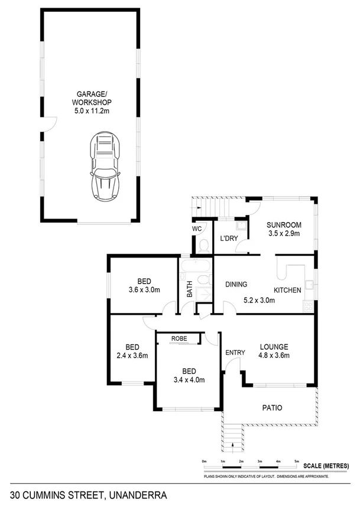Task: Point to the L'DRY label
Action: point(228,239)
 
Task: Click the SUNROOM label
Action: point(284,225)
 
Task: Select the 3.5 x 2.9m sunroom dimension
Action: point(284,233)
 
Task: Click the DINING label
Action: point(236,284)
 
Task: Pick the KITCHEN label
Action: point(287,290)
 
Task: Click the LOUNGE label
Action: point(274,347)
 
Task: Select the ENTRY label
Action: point(235,353)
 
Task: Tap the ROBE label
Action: point(179,338)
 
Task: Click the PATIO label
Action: point(272,408)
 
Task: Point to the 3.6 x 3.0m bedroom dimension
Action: point(144,290)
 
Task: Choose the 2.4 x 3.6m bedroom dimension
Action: point(132,356)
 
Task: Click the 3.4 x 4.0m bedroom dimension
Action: point(189,380)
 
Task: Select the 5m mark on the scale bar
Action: point(297,461)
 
